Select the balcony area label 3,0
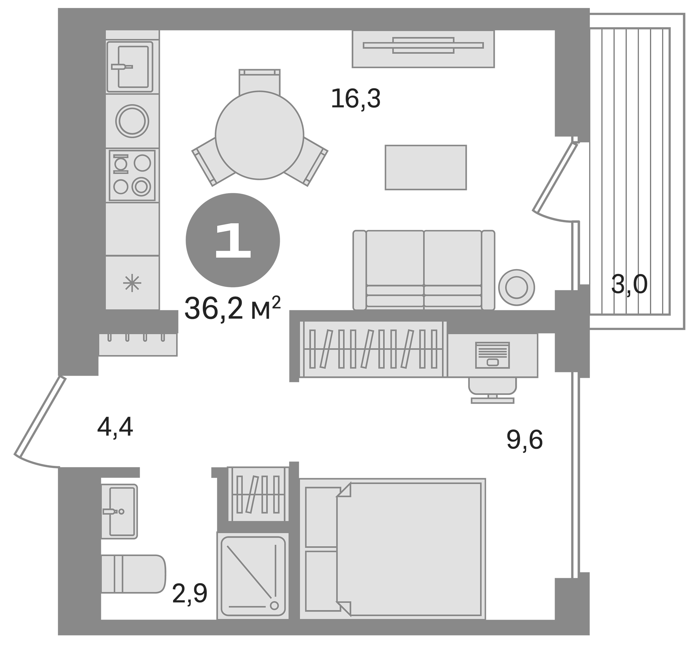[x=629, y=285]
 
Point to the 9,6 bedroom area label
[x=524, y=440]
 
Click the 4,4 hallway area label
[x=115, y=427]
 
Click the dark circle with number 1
[x=232, y=240]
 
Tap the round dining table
[x=259, y=135]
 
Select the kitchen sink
[x=130, y=67]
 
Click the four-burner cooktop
[x=132, y=175]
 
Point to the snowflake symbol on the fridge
[x=132, y=283]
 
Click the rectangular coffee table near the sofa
[x=426, y=167]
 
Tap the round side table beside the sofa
[x=516, y=287]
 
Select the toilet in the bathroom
[x=134, y=574]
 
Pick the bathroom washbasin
[x=119, y=511]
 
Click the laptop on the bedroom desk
[x=492, y=355]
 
